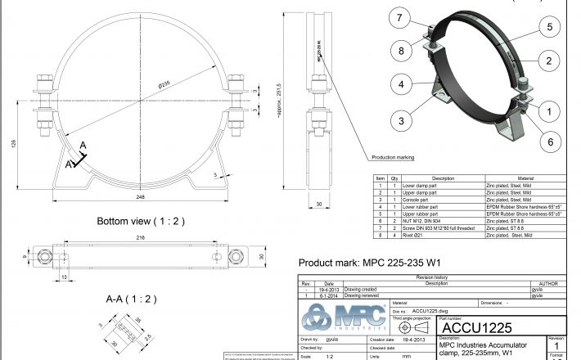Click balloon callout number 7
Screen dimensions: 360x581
(400, 19)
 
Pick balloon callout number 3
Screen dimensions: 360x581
(401, 120)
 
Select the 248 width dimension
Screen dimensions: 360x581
(141, 197)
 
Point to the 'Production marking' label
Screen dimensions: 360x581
(393, 157)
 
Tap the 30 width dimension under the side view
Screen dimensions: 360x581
(318, 205)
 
